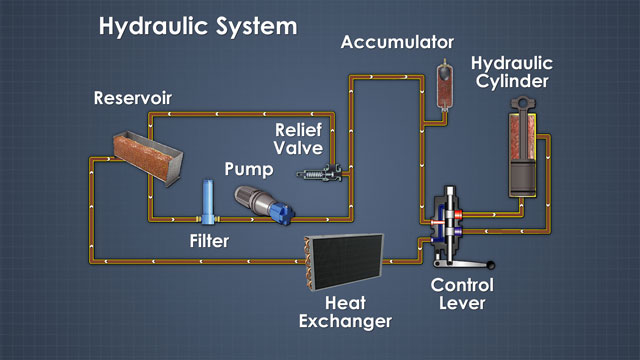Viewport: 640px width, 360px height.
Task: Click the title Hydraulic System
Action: click(x=197, y=26)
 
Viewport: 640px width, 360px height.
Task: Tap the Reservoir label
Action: click(x=134, y=98)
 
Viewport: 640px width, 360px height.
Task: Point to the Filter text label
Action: click(x=209, y=240)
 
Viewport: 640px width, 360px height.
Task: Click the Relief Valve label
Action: click(x=299, y=139)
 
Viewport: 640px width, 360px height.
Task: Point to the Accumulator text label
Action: click(x=397, y=42)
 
